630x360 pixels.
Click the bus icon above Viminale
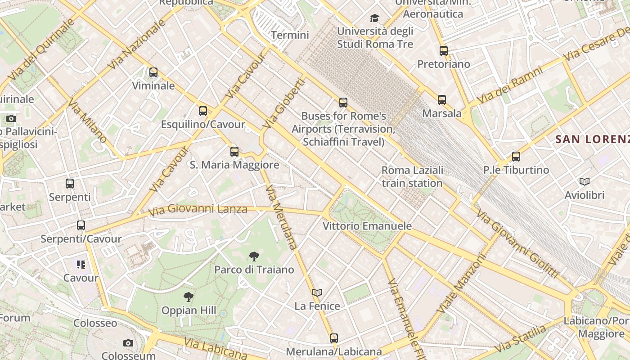[153, 72]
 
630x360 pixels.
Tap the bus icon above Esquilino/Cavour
[203, 111]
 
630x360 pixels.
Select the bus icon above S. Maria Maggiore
[234, 151]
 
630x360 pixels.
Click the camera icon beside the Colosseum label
[128, 343]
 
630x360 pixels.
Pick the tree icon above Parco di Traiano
[254, 256]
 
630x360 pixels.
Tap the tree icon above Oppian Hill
[189, 297]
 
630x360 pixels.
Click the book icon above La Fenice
[317, 292]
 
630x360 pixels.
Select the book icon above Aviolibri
[585, 181]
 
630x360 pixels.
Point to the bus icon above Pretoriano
[444, 50]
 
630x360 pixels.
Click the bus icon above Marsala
[442, 99]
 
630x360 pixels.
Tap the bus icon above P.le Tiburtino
[516, 157]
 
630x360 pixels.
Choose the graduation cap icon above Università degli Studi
[374, 18]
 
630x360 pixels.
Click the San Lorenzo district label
[592, 139]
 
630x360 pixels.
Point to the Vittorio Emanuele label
[367, 226]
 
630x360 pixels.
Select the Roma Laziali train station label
[412, 177]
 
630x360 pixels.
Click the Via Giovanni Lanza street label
[198, 209]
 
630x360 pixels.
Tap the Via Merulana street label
[282, 217]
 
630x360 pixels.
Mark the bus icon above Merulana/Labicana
[333, 338]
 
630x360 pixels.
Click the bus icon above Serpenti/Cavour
[81, 225]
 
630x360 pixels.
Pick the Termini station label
[290, 35]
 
